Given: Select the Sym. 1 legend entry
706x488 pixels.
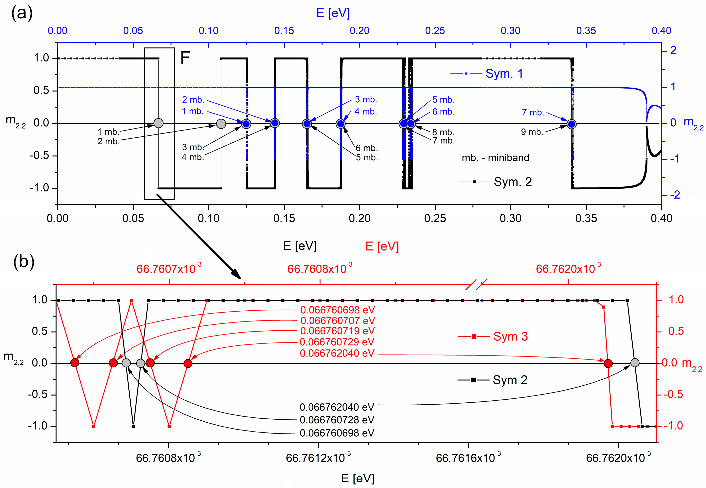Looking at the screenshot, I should pos(504,74).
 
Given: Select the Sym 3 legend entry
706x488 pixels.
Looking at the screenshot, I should pos(510,336).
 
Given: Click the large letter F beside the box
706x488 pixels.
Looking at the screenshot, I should pos(185,57).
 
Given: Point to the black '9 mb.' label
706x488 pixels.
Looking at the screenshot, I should pos(532,132).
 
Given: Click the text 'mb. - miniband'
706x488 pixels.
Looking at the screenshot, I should pos(495,158).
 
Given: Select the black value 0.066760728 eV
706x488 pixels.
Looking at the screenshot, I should pos(337,420).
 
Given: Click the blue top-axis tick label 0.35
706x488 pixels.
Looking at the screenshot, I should pos(586,31).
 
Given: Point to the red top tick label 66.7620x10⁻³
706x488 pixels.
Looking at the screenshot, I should pos(568,269).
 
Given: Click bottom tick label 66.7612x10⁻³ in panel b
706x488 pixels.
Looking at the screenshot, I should pos(318,458).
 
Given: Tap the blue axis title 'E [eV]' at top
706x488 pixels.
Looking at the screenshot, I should pos(333,13).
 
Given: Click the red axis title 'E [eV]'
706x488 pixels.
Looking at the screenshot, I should pos(382,246).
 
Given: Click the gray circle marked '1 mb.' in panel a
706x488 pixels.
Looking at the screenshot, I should pos(158,123).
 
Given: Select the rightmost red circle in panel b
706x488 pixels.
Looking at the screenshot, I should pos(608,363).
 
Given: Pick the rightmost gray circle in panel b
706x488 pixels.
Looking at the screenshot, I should pos(635,363).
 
